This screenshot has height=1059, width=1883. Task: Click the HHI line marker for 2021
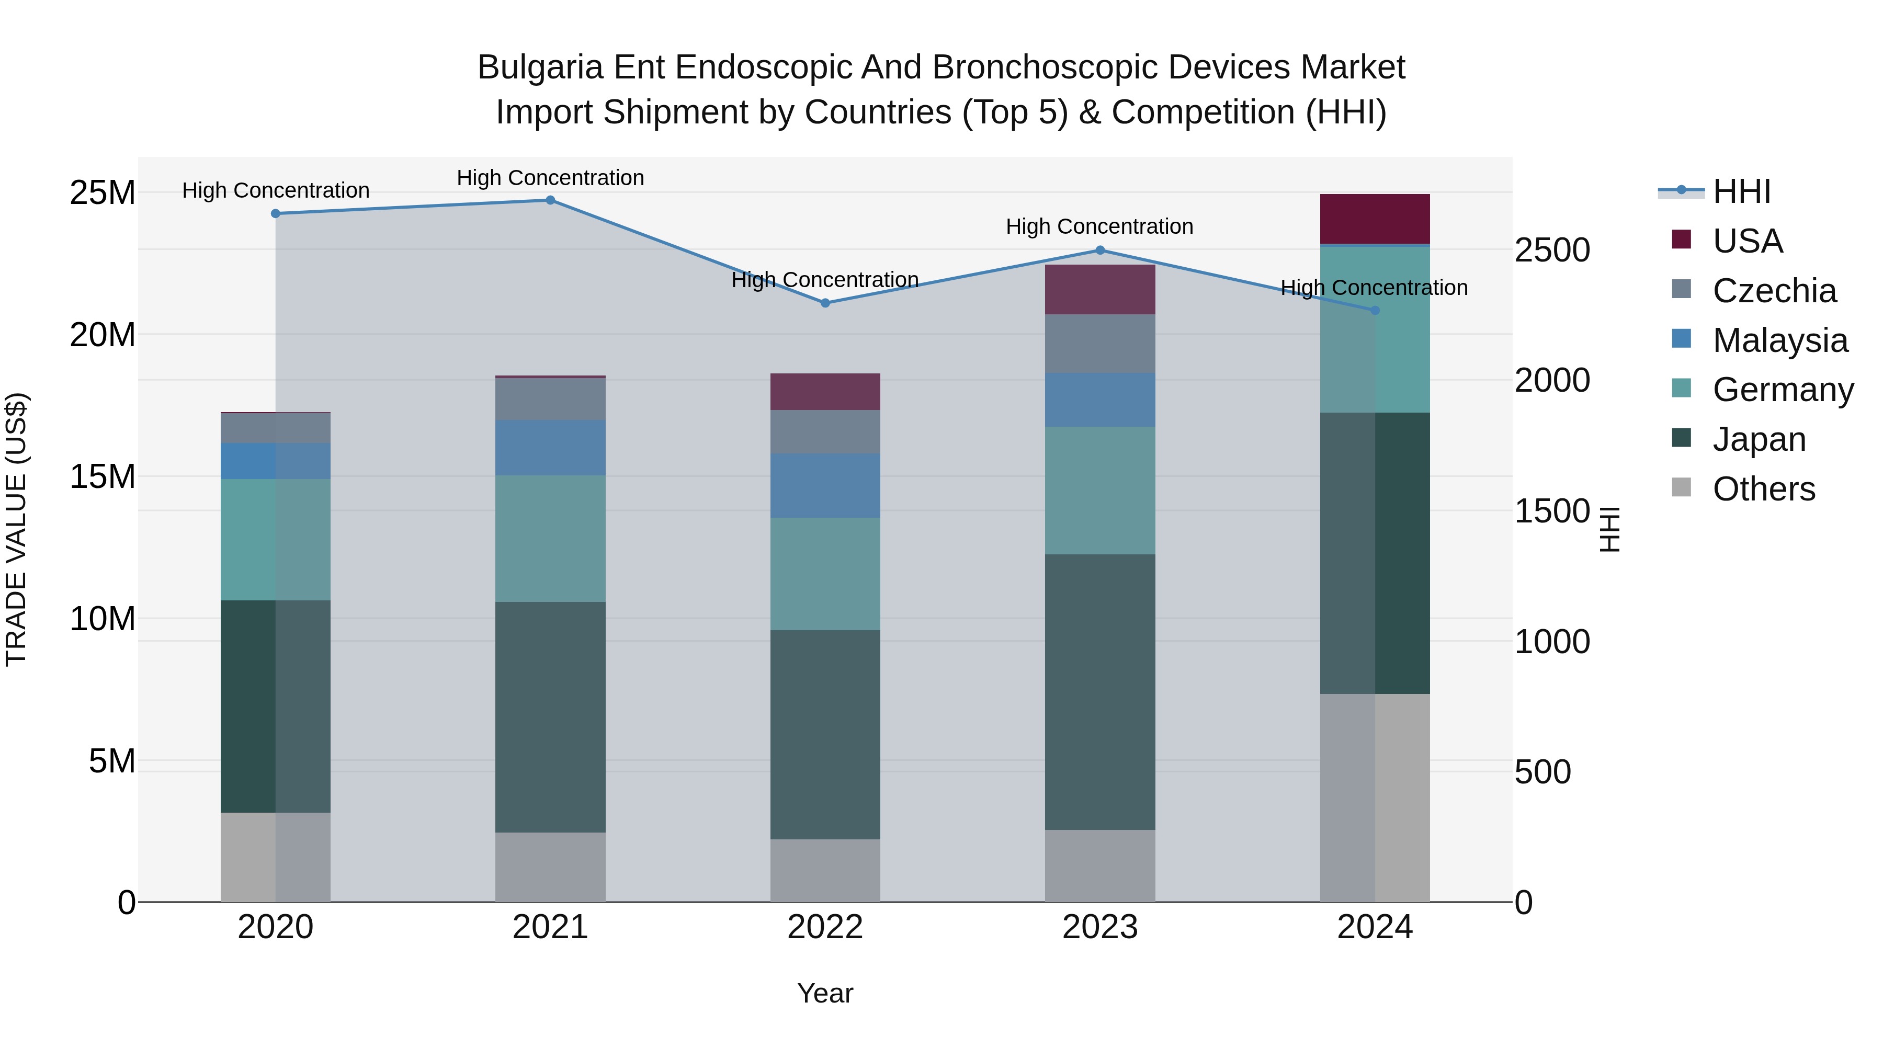550,200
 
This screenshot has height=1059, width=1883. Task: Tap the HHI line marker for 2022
825,303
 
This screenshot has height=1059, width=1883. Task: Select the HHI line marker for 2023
1100,250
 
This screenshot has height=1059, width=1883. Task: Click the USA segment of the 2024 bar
1375,219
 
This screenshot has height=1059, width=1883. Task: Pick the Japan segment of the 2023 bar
1100,691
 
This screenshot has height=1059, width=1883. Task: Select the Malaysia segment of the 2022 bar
825,485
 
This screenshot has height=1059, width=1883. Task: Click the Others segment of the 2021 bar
550,867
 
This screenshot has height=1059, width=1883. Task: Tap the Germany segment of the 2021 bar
550,539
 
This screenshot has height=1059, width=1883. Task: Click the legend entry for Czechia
1774,291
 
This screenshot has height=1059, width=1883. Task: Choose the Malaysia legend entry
1780,340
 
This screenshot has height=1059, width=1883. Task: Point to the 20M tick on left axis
103,335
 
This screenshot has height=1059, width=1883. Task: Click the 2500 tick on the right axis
1552,250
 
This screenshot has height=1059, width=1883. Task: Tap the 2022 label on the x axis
825,927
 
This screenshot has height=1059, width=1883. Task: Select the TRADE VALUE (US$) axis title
17,529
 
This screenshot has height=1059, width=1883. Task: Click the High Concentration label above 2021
550,178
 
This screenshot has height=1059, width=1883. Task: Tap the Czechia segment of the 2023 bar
1100,344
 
